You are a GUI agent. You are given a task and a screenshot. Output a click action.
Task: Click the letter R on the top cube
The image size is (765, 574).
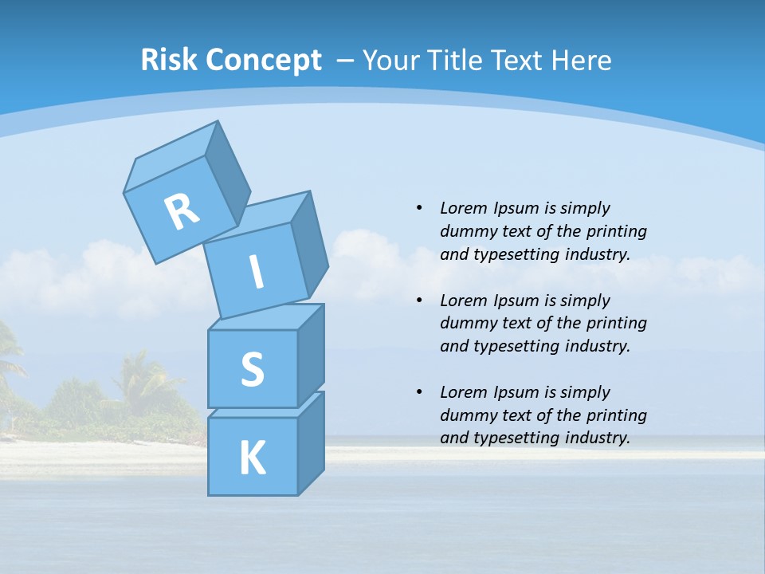182,212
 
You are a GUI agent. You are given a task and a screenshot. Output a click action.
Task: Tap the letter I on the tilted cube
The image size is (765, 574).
256,272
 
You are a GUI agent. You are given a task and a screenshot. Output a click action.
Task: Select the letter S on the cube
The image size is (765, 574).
252,369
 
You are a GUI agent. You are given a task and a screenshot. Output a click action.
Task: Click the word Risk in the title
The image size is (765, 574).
170,60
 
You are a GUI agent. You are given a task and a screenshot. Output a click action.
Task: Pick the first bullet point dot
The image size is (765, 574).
419,208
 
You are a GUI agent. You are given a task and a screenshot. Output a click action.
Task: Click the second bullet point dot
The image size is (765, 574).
419,301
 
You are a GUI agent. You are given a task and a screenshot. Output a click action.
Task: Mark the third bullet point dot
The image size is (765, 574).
419,392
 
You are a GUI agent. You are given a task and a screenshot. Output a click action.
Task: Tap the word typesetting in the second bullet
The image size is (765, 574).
512,346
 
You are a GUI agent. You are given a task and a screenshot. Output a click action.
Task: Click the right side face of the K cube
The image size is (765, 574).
311,443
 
